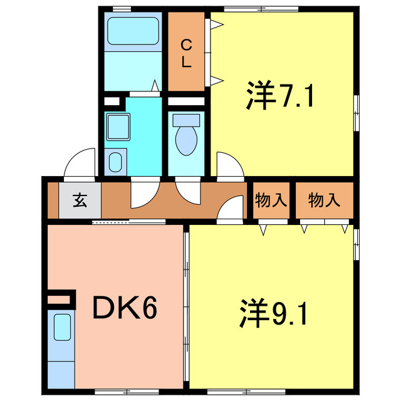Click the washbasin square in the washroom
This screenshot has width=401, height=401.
[115, 128]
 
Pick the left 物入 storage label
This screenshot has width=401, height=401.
[271, 200]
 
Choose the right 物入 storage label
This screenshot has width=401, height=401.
[324, 200]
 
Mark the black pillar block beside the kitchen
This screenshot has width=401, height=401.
[61, 298]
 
